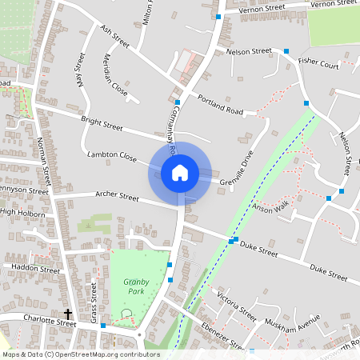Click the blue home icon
click(180, 172)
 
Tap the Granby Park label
click(136, 287)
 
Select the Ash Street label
click(115, 36)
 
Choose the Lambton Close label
click(112, 158)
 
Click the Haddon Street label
click(30, 270)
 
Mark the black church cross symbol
click(68, 314)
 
